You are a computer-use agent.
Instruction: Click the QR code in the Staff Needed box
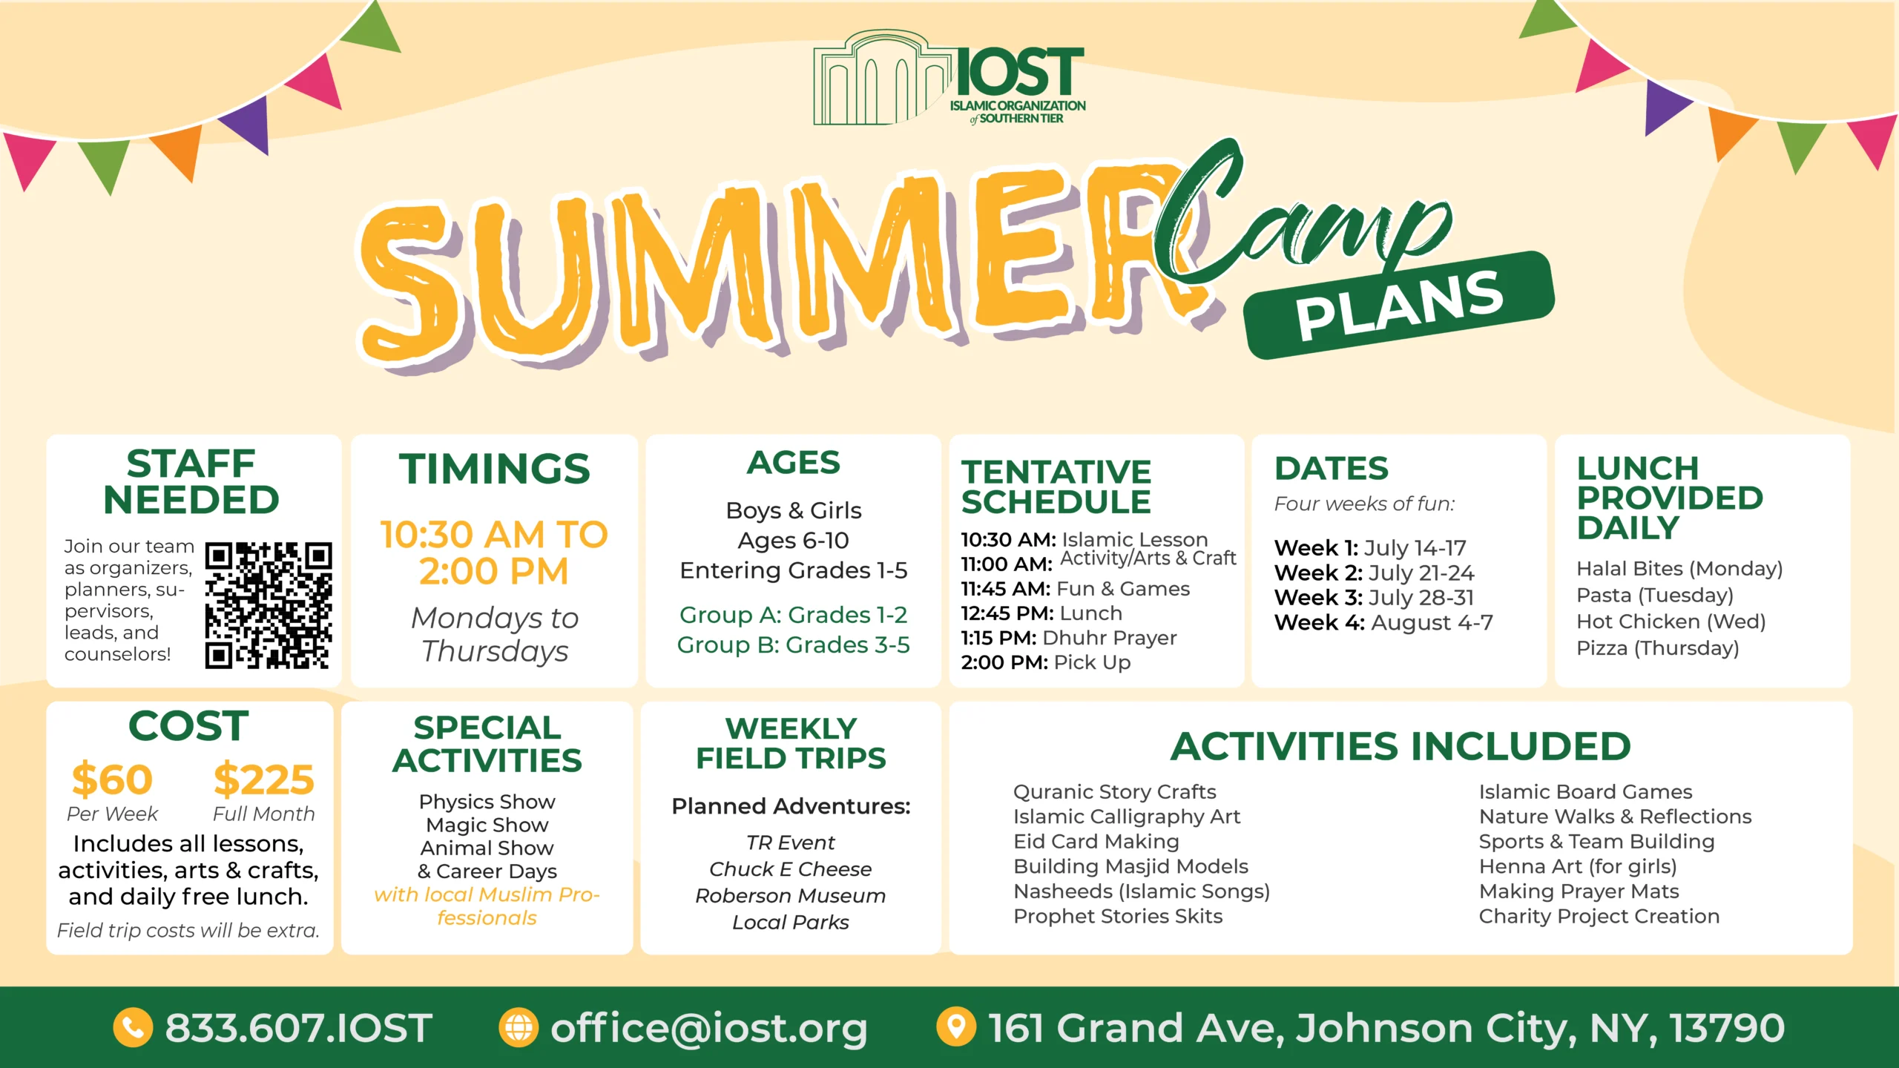[x=269, y=605]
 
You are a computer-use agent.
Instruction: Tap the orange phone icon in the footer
[x=133, y=1028]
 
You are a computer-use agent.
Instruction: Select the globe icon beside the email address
[x=519, y=1028]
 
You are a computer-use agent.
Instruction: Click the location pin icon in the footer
[x=956, y=1027]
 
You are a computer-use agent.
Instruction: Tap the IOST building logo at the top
[x=949, y=78]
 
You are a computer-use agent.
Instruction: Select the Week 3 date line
[x=1374, y=598]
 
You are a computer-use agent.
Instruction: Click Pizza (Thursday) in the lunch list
[x=1657, y=648]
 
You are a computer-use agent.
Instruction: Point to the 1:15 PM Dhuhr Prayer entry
[x=1068, y=638]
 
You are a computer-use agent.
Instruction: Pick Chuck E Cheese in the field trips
[x=790, y=869]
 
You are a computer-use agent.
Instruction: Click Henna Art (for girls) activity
[x=1578, y=866]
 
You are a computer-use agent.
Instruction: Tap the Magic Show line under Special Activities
[x=487, y=825]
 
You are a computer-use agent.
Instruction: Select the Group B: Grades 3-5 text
[x=793, y=645]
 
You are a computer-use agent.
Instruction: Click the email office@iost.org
[x=708, y=1029]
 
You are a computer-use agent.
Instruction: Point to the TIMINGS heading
[x=495, y=469]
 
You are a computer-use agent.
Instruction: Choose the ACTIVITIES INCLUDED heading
[x=1401, y=746]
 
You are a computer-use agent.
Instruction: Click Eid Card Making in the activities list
[x=1096, y=842]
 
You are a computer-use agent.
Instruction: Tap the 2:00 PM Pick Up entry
[x=1045, y=662]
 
